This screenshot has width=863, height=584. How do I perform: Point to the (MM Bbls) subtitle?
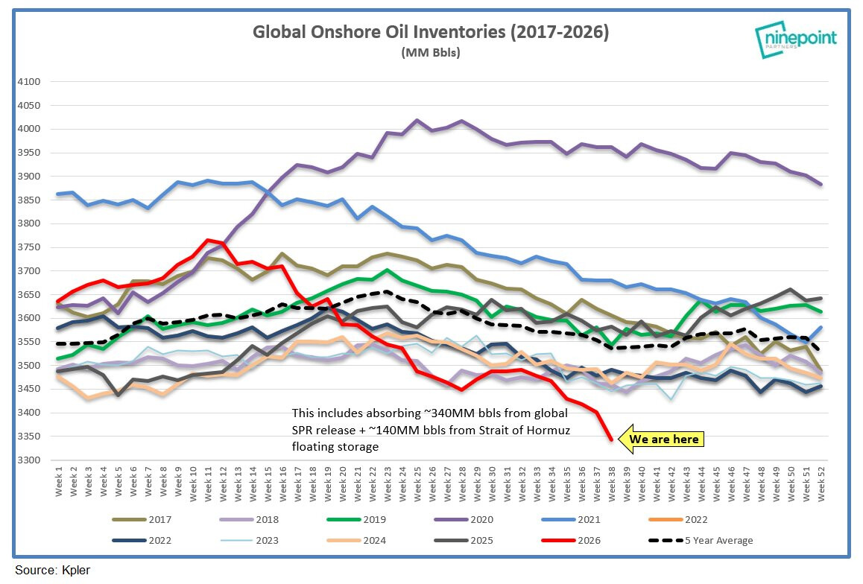pos(431,52)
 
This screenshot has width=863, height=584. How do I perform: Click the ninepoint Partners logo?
pos(795,39)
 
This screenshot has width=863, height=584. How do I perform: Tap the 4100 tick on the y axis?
pos(29,81)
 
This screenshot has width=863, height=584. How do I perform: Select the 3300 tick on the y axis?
pos(29,460)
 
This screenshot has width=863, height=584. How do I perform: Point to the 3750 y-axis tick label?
pos(29,247)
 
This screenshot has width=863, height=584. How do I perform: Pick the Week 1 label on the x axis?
pos(59,481)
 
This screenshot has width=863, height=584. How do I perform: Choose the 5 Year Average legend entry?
pos(701,541)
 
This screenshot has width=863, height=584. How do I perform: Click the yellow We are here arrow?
pos(661,439)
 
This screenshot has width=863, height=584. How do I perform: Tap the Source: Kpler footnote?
pos(52,571)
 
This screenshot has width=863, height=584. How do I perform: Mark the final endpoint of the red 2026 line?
pos(611,440)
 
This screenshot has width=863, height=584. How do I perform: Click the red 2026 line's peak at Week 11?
pos(208,240)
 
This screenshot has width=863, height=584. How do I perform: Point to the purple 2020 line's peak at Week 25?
pos(417,120)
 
